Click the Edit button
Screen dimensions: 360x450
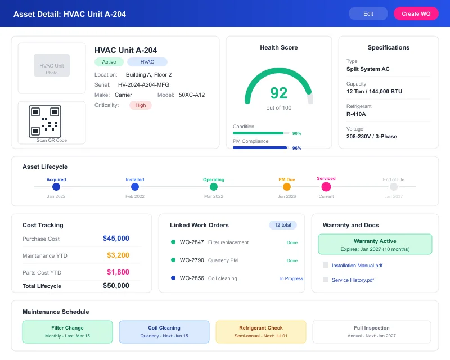[368, 13]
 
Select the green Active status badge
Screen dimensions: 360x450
[109, 62]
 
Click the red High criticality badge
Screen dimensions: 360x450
[140, 105]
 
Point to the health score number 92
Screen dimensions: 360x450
[278, 93]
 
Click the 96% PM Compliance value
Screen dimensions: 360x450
[296, 148]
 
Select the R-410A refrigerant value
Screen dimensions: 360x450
[356, 114]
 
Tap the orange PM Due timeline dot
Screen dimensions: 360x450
[287, 187]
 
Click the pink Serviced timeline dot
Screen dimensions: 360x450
[326, 187]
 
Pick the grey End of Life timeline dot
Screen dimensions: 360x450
[394, 187]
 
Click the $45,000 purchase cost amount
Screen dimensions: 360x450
[116, 238]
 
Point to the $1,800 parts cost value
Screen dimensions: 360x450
[118, 272]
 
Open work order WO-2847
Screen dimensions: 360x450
[192, 242]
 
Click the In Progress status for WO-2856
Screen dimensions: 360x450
[291, 278]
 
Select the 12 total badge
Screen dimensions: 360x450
[282, 225]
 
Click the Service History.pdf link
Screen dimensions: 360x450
[353, 280]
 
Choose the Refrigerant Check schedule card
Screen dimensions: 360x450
[261, 332]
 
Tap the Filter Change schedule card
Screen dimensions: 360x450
[67, 332]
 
